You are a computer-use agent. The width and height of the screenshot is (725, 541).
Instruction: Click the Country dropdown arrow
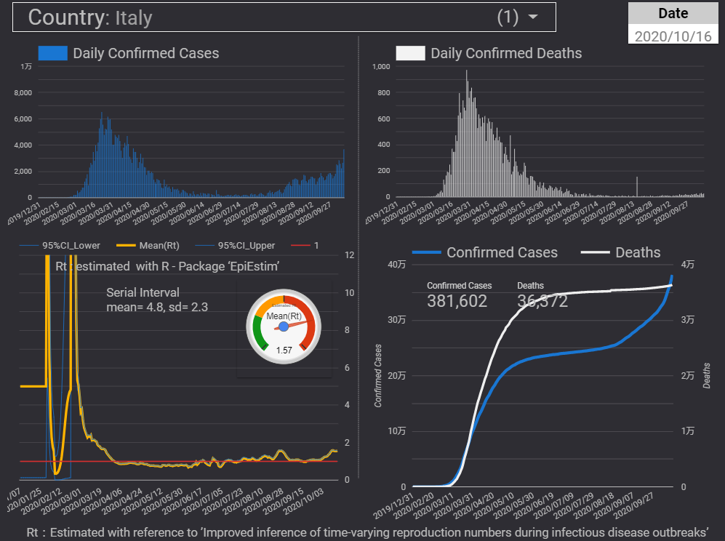click(534, 17)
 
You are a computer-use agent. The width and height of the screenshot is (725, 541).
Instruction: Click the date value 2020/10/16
click(673, 36)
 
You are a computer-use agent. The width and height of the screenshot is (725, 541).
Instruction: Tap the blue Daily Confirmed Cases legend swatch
click(52, 53)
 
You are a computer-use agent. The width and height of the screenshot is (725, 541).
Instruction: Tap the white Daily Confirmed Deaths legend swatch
click(410, 53)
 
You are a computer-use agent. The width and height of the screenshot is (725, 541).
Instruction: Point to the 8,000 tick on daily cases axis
click(23, 92)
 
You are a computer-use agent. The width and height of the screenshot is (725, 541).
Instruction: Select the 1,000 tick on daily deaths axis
click(381, 67)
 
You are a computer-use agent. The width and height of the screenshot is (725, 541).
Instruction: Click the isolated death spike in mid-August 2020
click(637, 187)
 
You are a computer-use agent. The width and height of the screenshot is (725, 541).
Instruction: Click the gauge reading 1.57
click(284, 350)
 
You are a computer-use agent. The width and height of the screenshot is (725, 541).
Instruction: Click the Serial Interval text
click(143, 292)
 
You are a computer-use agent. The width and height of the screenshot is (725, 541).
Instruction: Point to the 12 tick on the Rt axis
click(348, 255)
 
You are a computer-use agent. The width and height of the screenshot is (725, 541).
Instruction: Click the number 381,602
click(457, 301)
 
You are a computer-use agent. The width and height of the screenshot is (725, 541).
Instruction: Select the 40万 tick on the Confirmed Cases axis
click(396, 264)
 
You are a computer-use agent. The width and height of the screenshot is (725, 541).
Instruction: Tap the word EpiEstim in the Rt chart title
click(255, 267)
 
